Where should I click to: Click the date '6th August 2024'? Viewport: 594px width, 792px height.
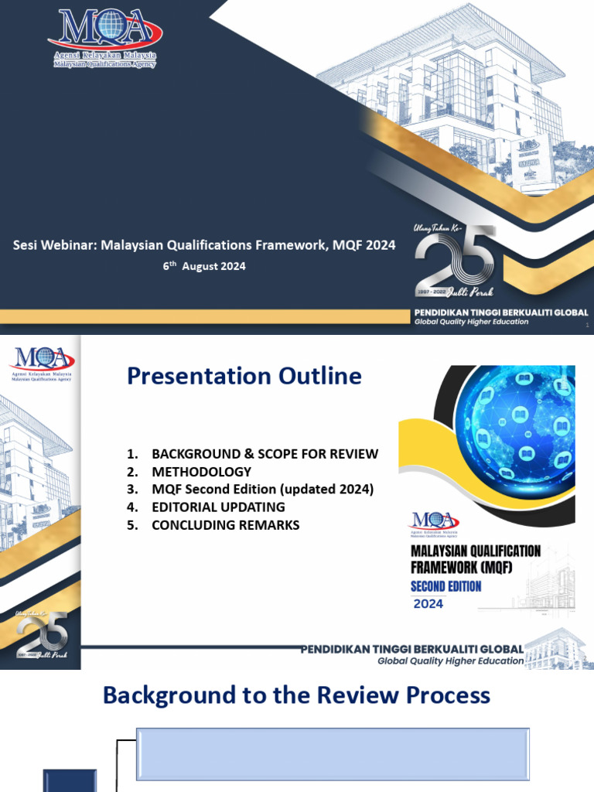(204, 266)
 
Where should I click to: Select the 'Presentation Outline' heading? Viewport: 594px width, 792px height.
(244, 376)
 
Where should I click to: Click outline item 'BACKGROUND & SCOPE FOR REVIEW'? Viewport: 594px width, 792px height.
(265, 454)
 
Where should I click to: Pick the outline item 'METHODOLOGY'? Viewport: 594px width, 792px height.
(201, 472)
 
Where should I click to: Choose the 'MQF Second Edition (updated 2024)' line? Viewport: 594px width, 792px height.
(262, 490)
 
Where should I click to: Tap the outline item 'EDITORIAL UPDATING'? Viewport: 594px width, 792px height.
(218, 507)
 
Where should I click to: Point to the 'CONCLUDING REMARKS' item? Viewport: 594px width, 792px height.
(225, 525)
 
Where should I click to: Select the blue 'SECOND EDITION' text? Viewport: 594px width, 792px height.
(445, 586)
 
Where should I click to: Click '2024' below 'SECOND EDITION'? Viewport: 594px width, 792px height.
(428, 603)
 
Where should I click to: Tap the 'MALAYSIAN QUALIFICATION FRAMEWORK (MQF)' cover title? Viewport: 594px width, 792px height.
(475, 558)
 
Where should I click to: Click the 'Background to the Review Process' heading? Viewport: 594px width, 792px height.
(296, 695)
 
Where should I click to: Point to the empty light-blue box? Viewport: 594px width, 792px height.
(333, 753)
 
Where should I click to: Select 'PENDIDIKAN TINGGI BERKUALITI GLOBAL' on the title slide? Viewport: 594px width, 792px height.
(500, 312)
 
